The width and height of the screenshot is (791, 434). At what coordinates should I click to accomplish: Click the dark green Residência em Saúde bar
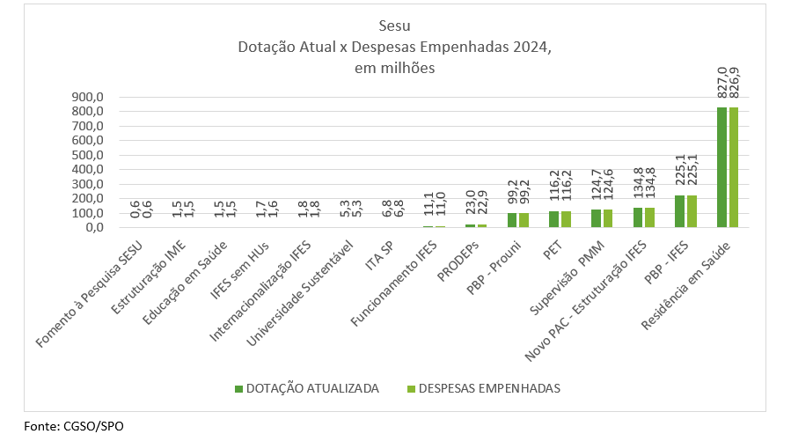(x=722, y=167)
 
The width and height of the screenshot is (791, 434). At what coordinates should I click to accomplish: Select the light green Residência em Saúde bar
(x=734, y=167)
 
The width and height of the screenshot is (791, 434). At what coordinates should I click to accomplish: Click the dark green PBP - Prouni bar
(x=511, y=220)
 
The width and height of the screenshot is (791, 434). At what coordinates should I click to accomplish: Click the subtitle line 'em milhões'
(x=395, y=67)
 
